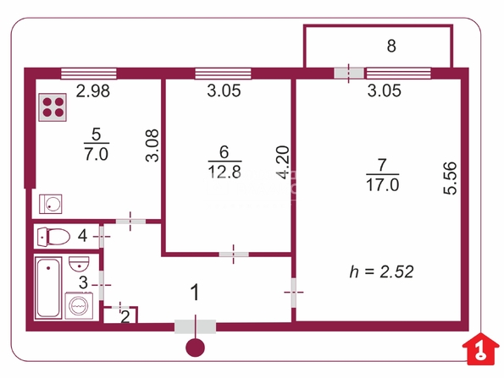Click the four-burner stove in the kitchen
tap(53, 107)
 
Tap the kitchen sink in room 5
tap(51, 204)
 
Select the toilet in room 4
tap(53, 237)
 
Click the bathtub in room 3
tap(48, 288)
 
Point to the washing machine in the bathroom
tap(79, 306)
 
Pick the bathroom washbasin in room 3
tap(79, 264)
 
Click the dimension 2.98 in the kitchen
tap(93, 90)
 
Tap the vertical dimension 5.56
tap(450, 178)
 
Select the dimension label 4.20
tap(284, 162)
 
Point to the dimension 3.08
tap(152, 145)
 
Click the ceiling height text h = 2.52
tap(381, 272)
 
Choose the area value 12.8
tap(224, 172)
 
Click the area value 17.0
tap(383, 185)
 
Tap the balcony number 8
tap(391, 46)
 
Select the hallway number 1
tap(195, 293)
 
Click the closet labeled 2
tap(120, 315)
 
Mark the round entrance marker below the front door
tap(195, 348)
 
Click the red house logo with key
tap(480, 349)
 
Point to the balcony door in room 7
tap(349, 73)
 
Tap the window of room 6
tap(223, 74)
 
